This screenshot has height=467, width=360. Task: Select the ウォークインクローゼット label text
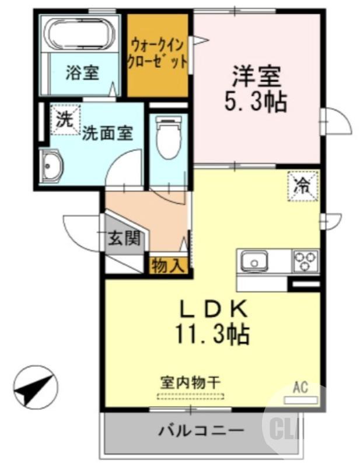(159, 53)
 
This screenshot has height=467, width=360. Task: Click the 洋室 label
(257, 76)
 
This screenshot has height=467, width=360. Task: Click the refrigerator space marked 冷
(303, 186)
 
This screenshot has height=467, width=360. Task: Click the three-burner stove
(305, 260)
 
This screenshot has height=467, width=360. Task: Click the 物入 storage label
(168, 266)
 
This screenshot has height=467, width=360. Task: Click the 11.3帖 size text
(212, 334)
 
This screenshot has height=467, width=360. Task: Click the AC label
(300, 387)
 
